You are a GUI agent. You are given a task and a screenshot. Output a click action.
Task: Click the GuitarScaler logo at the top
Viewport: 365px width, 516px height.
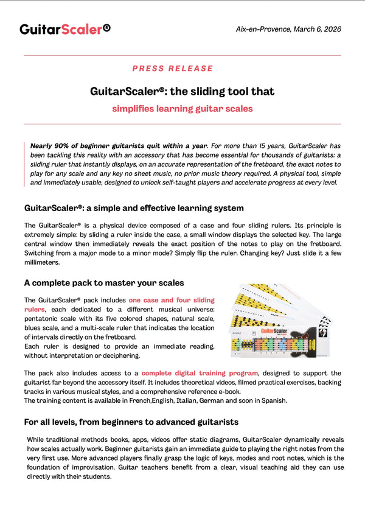coord(64,29)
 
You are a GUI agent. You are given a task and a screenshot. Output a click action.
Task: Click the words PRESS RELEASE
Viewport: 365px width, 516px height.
coord(173,69)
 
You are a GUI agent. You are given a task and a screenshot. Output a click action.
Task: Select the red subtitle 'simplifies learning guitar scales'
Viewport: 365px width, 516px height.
coord(182,109)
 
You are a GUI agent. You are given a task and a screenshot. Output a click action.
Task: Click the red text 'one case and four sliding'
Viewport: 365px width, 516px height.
coord(171,300)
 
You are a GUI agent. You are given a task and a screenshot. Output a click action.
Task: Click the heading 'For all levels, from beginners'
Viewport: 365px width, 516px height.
coord(131,422)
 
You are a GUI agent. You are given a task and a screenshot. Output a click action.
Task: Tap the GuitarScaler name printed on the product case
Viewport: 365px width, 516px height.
coord(274,331)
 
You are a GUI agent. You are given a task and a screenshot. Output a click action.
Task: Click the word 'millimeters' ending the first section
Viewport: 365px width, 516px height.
coord(42,262)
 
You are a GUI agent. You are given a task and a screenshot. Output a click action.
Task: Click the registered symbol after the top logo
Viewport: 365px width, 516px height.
coord(107,27)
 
